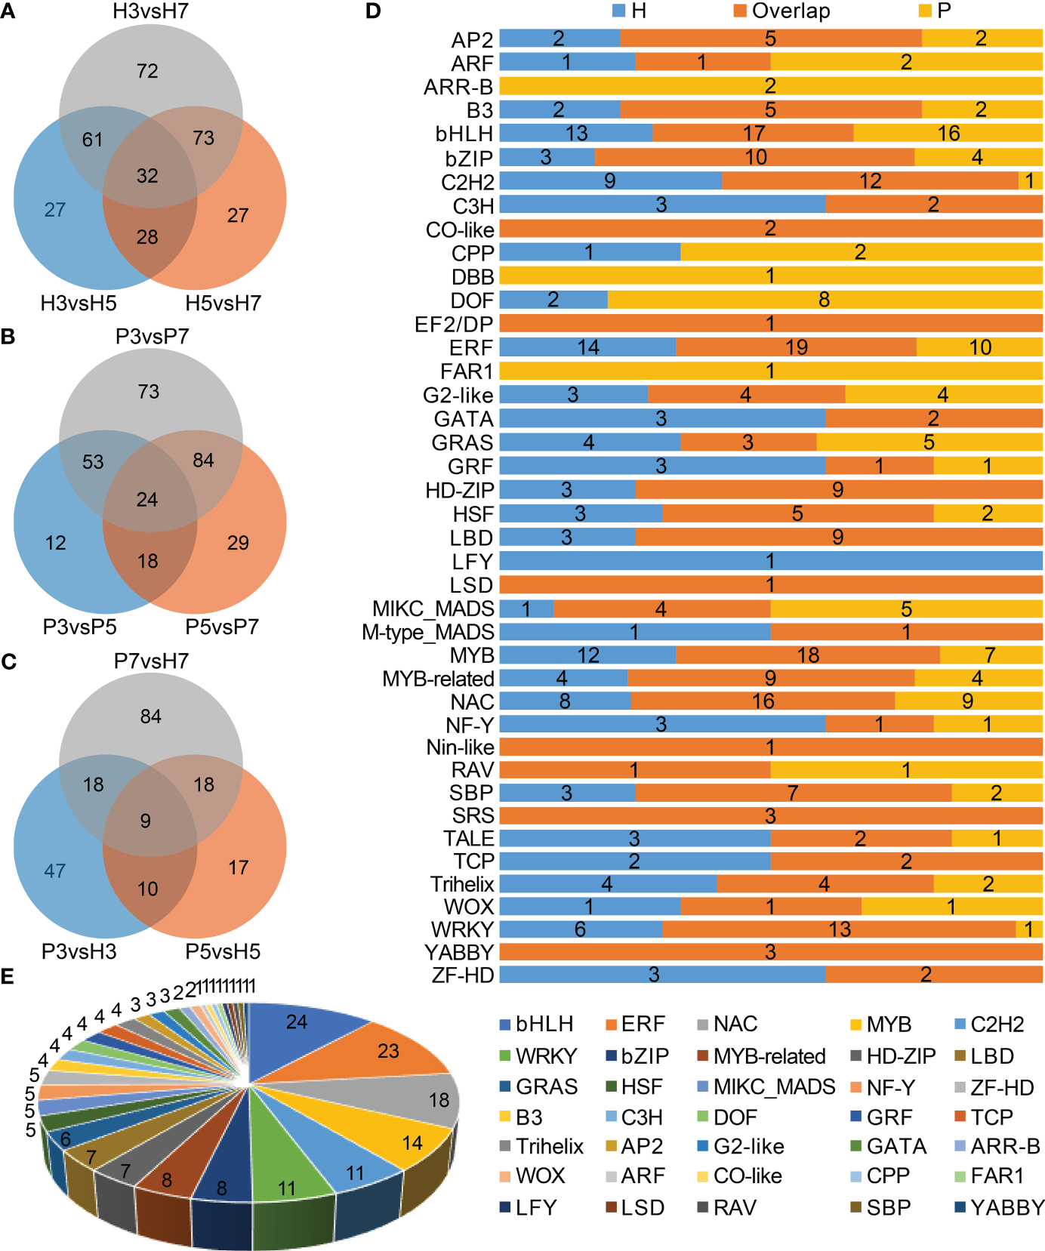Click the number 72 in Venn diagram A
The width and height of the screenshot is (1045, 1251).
(x=147, y=71)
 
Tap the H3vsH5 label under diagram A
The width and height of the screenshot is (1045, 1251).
(x=79, y=304)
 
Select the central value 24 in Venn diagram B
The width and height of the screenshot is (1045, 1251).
(x=147, y=499)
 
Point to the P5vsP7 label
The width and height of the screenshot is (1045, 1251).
(x=222, y=627)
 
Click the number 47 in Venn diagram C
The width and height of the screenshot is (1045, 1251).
(x=55, y=870)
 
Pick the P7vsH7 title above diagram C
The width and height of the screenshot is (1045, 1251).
(x=151, y=661)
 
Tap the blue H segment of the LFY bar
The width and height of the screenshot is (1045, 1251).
(x=770, y=561)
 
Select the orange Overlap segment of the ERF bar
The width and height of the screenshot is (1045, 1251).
(x=796, y=347)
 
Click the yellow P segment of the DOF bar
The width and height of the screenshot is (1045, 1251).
(x=825, y=300)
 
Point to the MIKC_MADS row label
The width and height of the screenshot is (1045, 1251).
(x=433, y=609)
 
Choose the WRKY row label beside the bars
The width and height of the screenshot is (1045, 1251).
(x=462, y=929)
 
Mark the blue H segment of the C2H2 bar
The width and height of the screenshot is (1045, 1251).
(x=610, y=181)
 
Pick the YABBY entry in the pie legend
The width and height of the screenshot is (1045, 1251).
(x=1006, y=1207)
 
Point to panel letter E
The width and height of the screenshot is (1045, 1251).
(x=8, y=976)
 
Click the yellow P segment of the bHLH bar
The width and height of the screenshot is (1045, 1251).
(x=948, y=134)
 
